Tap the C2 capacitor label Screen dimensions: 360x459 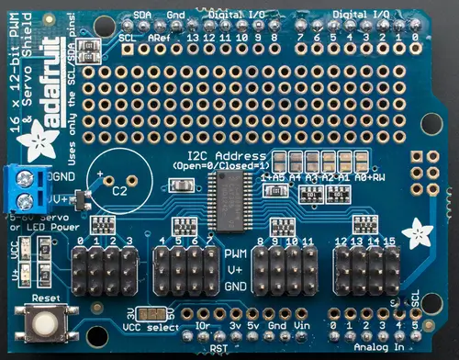119,192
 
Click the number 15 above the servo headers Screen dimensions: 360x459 389,241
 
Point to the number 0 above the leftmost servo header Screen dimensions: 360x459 82,241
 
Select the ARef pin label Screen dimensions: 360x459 158,38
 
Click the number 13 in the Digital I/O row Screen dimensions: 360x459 192,38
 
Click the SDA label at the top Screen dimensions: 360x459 141,15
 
